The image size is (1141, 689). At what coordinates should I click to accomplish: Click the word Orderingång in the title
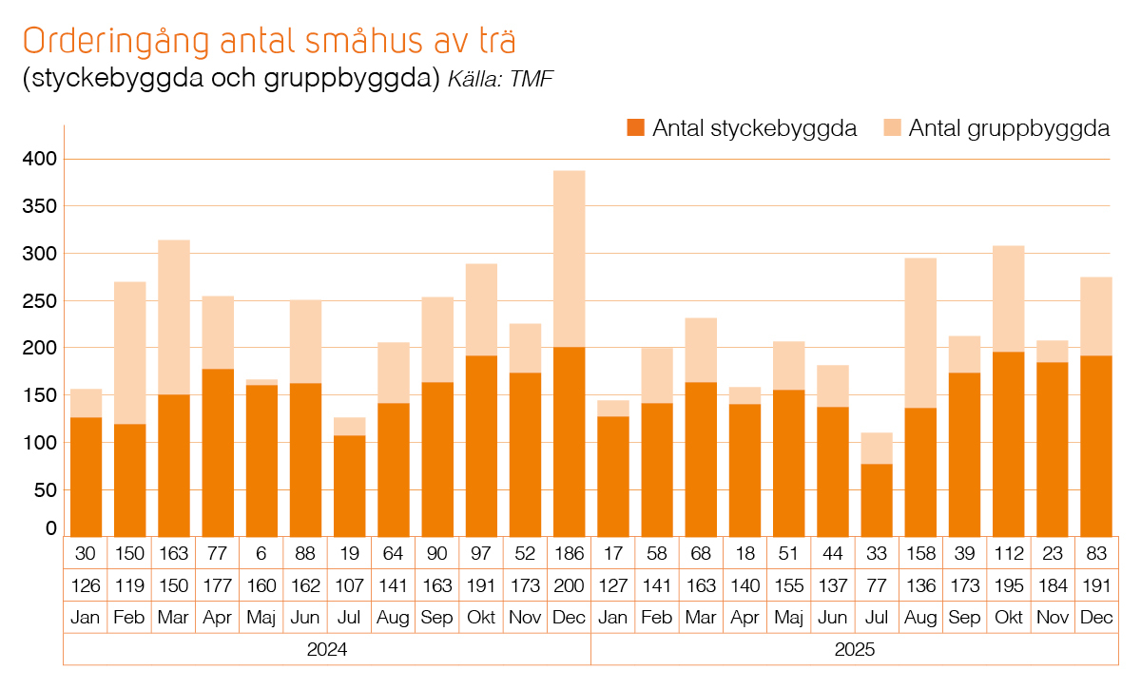coord(116,42)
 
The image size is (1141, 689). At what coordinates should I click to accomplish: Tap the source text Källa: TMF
coord(500,79)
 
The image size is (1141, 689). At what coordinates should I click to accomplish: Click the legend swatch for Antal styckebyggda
coord(636,127)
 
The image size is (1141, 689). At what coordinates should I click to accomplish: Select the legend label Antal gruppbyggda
coord(1009,128)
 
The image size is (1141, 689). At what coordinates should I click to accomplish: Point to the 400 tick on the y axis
coord(40,159)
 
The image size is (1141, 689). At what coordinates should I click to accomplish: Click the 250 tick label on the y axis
coord(40,301)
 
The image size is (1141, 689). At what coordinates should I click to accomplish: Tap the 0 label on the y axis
coord(51,528)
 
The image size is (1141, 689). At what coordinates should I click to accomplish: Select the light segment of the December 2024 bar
coord(569,258)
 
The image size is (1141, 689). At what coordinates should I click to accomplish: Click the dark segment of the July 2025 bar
coord(877,500)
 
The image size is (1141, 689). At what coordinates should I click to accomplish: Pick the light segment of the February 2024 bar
coord(130,353)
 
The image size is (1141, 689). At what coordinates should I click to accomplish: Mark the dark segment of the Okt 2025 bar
coord(1009,444)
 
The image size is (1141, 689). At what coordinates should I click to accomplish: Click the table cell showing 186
coord(569,553)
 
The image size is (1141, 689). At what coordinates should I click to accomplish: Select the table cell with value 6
coord(261,553)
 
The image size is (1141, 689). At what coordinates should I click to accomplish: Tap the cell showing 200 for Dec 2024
coord(569,585)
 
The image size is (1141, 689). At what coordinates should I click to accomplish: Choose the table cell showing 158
coord(920,553)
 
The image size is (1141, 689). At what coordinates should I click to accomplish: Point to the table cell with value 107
coord(349,585)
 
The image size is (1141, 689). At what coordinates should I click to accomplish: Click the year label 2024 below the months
coord(327,649)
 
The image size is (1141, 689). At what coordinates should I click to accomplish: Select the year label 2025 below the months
coord(855,649)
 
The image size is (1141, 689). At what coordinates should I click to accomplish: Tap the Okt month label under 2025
coord(1009,617)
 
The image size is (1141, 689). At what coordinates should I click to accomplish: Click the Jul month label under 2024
coord(349,617)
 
